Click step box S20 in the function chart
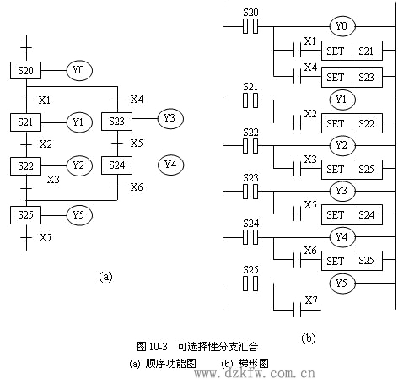click(25, 70)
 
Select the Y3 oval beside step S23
click(170, 119)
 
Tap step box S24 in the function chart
click(116, 165)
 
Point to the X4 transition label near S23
click(137, 100)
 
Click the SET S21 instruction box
click(352, 51)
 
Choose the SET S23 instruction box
click(352, 77)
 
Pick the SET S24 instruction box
click(352, 215)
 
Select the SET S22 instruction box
click(352, 123)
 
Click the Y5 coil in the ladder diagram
click(342, 283)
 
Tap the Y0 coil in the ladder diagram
click(342, 26)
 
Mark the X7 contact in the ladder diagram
click(297, 310)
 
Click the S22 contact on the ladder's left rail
click(250, 146)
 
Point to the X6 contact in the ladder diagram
click(297, 259)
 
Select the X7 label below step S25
click(46, 238)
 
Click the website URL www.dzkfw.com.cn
click(255, 374)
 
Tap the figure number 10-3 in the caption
click(158, 347)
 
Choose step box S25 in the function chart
click(25, 215)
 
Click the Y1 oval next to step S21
click(79, 122)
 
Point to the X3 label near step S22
click(53, 179)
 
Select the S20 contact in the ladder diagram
click(250, 26)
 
